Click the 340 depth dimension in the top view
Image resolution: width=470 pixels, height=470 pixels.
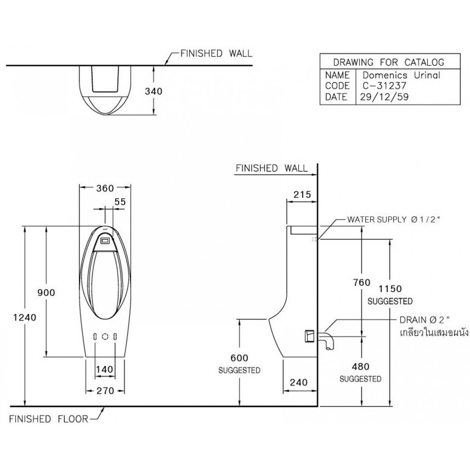(154, 91)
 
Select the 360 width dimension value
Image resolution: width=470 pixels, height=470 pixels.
(105, 188)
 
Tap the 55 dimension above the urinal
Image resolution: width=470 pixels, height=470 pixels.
(120, 202)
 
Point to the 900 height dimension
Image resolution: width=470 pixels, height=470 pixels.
(46, 292)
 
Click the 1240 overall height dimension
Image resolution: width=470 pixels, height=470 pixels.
(25, 317)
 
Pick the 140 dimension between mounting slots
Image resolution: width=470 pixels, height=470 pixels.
(105, 369)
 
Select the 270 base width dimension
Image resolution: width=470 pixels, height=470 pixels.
(105, 391)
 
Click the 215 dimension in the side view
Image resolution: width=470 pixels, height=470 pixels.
(302, 195)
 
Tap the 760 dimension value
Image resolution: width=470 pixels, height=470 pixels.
(362, 282)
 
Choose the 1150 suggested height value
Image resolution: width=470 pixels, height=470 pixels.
(390, 289)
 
